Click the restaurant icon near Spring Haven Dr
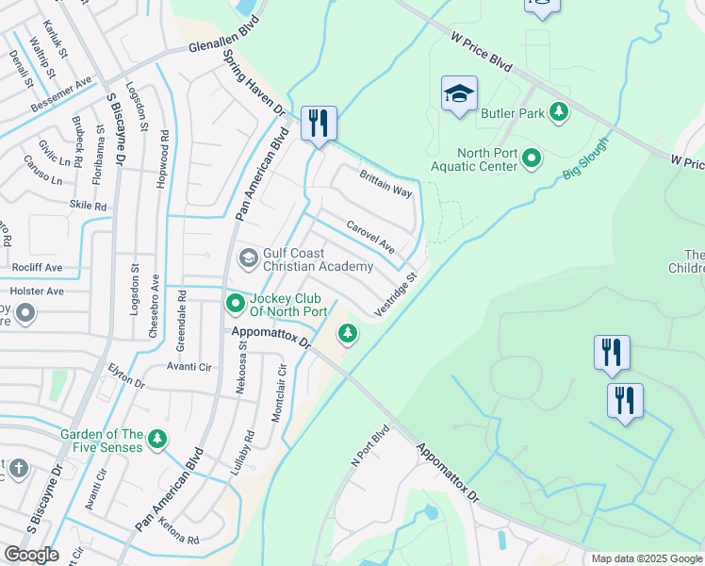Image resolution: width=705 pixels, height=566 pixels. (319, 123)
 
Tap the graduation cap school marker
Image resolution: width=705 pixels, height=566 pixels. (459, 93)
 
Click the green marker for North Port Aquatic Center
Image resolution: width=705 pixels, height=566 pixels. (531, 158)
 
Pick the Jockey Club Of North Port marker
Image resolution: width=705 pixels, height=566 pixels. (235, 303)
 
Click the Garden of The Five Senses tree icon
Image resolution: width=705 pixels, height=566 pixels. (157, 439)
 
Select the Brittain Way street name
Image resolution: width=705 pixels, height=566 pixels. (385, 182)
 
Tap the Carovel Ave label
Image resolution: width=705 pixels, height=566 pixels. (370, 237)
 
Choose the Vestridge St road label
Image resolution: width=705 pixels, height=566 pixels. (395, 296)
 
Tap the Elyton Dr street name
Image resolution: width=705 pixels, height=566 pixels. (126, 378)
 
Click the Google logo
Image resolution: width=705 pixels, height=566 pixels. (31, 554)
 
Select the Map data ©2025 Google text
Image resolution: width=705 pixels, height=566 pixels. (647, 558)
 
